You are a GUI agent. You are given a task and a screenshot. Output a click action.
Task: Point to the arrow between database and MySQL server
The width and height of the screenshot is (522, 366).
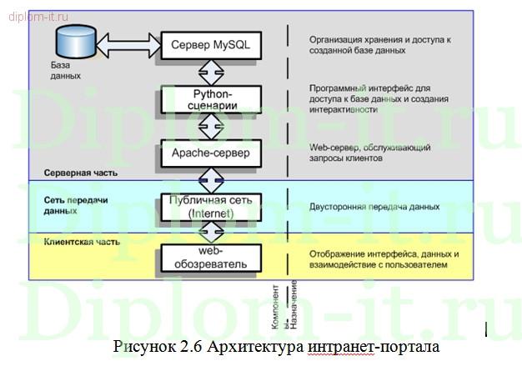click(126, 42)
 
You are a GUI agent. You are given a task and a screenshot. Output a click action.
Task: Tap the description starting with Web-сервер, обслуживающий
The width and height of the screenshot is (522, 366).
click(369, 153)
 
